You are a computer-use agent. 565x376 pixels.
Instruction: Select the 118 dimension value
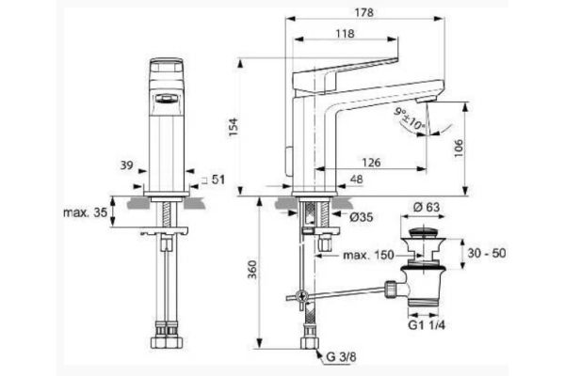[x=344, y=35]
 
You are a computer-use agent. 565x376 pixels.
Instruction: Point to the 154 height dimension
[x=234, y=129]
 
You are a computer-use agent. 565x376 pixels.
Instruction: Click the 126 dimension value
[x=370, y=162]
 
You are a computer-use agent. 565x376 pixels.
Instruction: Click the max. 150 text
[x=368, y=255]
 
